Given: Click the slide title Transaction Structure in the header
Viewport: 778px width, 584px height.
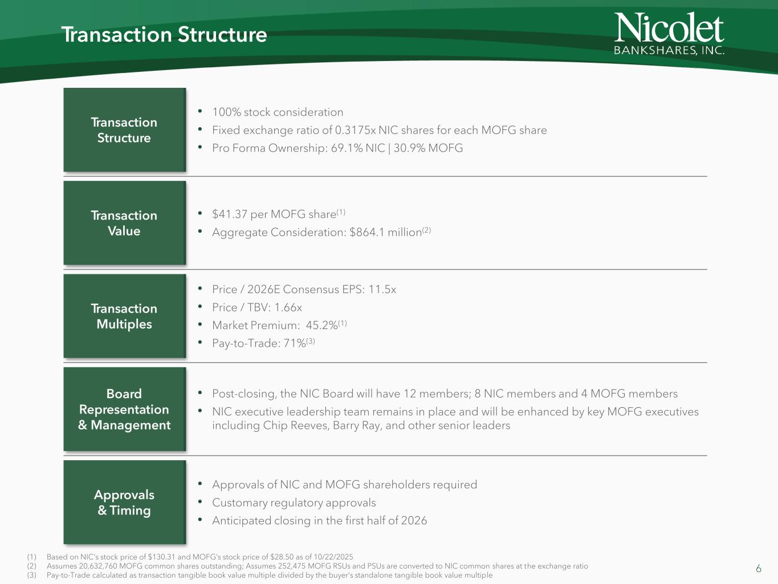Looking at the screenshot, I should [x=164, y=35].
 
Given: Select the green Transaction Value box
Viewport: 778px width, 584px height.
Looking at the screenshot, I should [x=124, y=223].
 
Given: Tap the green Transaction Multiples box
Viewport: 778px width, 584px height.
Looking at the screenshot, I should [x=124, y=316].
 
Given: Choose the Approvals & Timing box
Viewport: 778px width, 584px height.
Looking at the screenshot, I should [x=124, y=502].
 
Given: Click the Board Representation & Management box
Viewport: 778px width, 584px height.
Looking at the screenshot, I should [x=124, y=409].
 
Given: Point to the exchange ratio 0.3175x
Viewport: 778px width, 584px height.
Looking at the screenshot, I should [x=355, y=130].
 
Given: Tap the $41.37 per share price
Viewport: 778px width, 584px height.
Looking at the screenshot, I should [x=229, y=214].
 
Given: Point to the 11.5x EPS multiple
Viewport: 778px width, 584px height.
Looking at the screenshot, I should [x=382, y=290].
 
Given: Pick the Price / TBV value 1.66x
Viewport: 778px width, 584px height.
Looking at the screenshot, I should [x=288, y=308].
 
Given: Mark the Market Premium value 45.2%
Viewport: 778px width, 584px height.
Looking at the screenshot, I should [x=321, y=326].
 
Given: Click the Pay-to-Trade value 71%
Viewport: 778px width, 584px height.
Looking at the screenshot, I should [x=295, y=343].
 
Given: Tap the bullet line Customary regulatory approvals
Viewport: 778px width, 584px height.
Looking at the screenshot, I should [x=294, y=503].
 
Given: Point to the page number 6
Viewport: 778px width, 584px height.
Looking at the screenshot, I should [x=758, y=569].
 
